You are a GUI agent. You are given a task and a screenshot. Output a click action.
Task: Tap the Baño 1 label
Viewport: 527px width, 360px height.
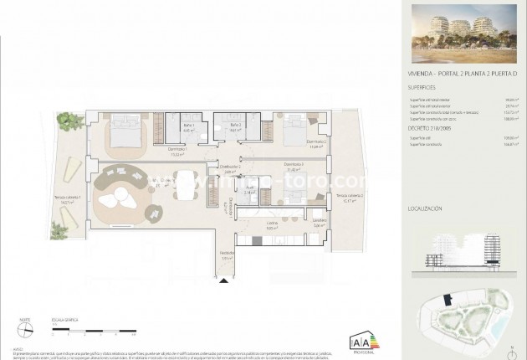[x=189, y=128]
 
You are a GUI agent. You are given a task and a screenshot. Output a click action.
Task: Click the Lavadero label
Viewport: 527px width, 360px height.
[x=320, y=224]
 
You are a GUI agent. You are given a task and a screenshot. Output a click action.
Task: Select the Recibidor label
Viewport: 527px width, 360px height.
[x=225, y=256]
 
